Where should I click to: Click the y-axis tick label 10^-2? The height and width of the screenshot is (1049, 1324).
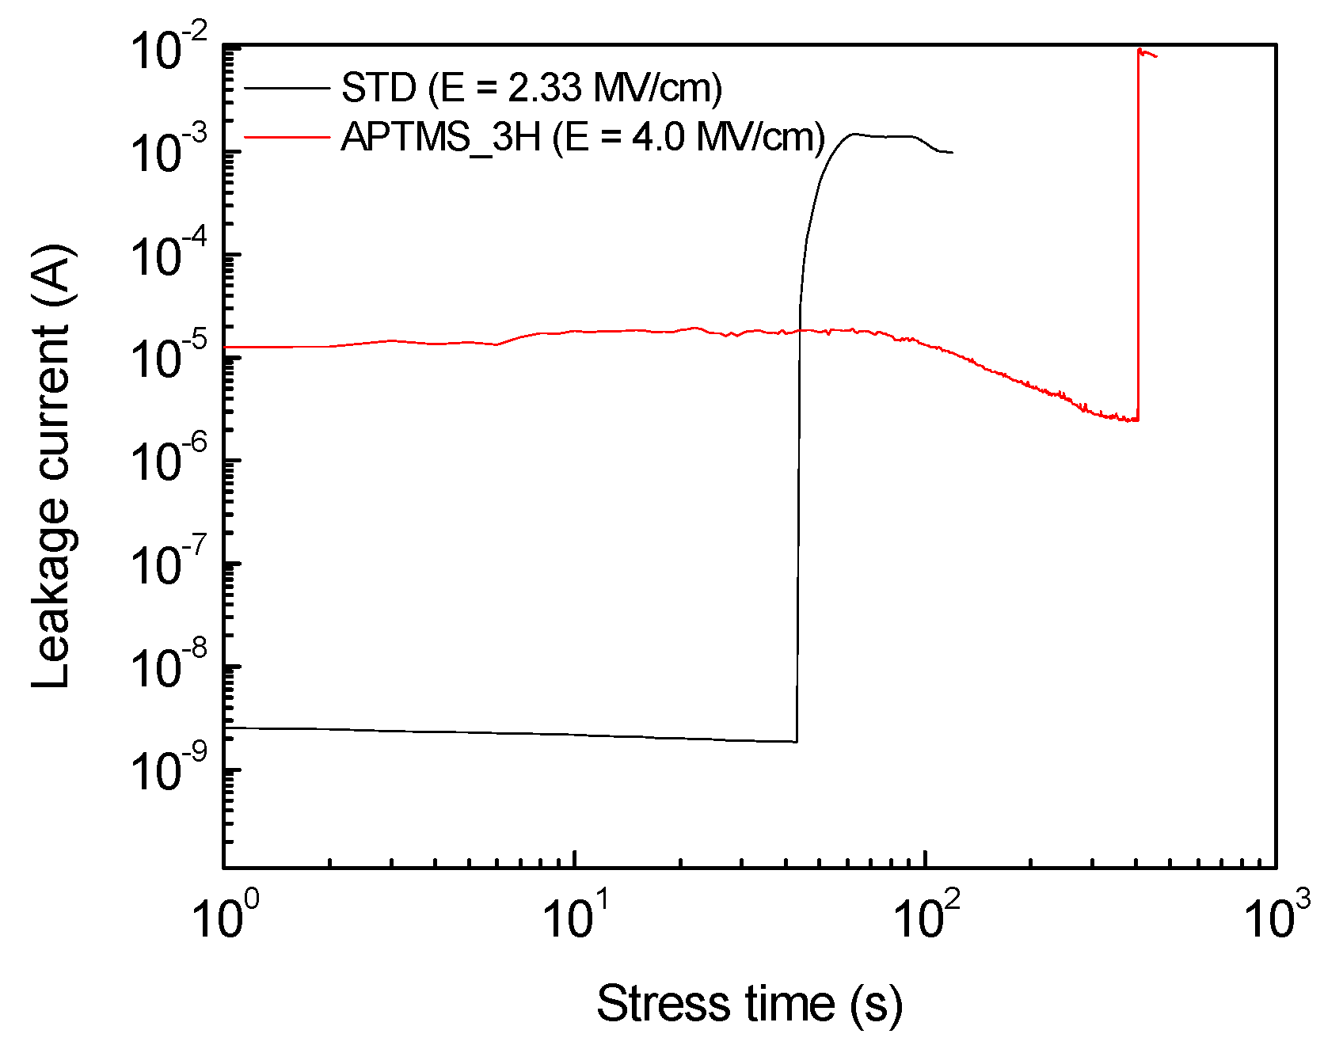tap(169, 49)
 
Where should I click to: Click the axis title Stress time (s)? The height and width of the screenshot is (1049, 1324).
tap(749, 1005)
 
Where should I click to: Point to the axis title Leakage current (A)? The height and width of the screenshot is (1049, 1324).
tap(54, 467)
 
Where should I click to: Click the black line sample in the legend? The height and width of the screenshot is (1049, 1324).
tap(287, 88)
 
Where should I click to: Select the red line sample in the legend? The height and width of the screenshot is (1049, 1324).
tap(287, 137)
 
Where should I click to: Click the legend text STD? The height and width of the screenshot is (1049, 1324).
tap(379, 88)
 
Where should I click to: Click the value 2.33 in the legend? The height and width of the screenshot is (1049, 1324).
tap(545, 88)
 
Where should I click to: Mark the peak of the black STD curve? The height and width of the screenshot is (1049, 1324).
tap(855, 134)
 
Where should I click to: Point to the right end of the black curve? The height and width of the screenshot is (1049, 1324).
tap(953, 152)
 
